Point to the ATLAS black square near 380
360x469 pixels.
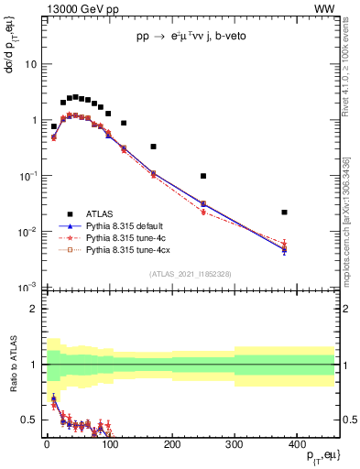point(285,213)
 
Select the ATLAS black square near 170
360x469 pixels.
point(153,147)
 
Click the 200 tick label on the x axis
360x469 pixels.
point(171,443)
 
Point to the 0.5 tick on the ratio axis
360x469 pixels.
point(29,420)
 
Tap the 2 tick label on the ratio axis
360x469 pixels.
point(34,309)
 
